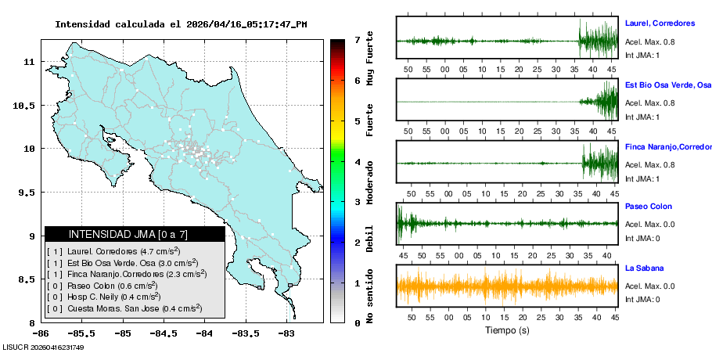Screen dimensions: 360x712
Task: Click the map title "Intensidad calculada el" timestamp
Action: (x=181, y=24)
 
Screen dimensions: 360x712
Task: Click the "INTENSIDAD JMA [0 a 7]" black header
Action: (x=135, y=234)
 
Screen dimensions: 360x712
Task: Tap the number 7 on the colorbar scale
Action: (x=357, y=39)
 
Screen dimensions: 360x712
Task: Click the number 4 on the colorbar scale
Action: (x=357, y=161)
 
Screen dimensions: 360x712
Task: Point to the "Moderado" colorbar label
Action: (x=370, y=189)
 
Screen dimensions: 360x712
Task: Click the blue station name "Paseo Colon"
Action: (x=648, y=207)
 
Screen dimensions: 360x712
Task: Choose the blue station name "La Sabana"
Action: (x=644, y=268)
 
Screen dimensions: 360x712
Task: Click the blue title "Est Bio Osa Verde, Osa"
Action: (x=667, y=85)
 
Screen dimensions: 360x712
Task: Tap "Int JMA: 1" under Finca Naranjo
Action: (x=642, y=178)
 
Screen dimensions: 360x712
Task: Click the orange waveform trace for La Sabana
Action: (x=507, y=286)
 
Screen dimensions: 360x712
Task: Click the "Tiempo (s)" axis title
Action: (x=507, y=330)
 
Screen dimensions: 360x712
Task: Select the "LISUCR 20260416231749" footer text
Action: (x=43, y=347)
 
